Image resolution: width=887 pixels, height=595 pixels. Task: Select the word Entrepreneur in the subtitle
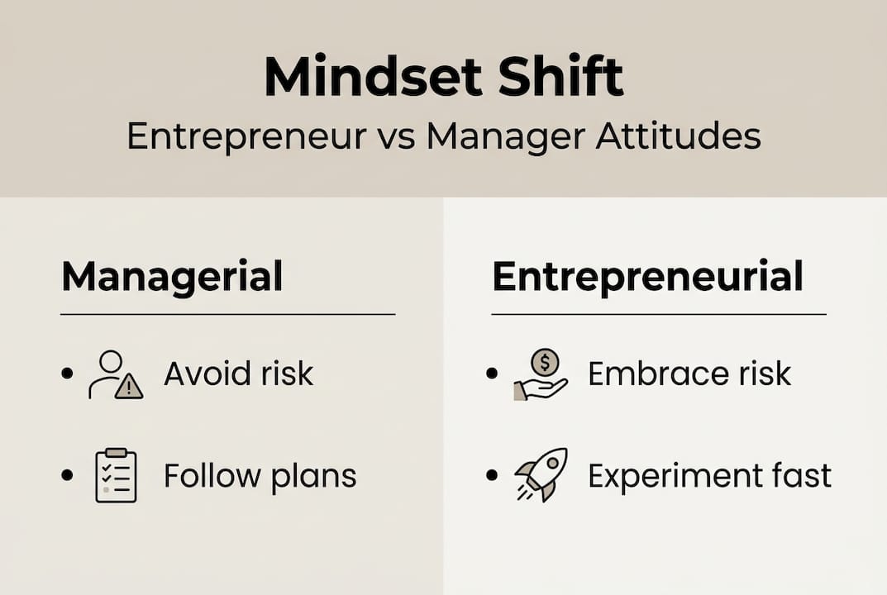(246, 136)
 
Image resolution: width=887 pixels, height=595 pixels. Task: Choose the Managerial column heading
(172, 277)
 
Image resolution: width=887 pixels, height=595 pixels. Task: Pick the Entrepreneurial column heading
(647, 277)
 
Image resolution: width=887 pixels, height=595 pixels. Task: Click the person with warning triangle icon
(115, 374)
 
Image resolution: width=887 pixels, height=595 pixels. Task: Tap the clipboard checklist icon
(116, 476)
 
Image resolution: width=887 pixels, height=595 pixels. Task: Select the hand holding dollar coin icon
(541, 374)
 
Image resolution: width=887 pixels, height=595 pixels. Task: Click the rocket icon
(541, 475)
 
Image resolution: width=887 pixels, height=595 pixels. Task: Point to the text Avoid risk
(238, 374)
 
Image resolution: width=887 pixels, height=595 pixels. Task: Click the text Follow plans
(260, 476)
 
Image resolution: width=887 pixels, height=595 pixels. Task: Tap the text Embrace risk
(689, 374)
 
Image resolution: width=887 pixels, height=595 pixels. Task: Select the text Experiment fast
(709, 476)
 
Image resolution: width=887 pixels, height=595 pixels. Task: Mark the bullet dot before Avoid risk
(67, 374)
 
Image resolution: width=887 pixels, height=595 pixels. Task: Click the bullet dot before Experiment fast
(493, 476)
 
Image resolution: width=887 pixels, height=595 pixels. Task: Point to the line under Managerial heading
(227, 314)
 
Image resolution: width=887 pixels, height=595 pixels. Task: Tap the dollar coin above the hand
(546, 361)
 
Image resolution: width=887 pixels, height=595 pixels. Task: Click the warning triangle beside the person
(129, 386)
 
